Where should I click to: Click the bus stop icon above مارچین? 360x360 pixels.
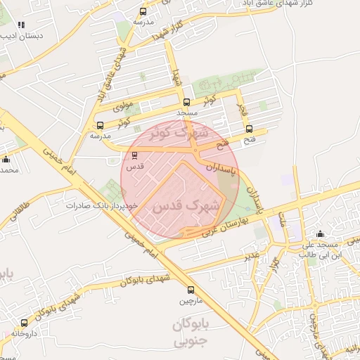191,290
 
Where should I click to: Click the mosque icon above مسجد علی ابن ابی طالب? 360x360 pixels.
321,234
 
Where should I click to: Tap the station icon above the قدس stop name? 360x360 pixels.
134,155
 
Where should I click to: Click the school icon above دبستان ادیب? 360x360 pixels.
20,23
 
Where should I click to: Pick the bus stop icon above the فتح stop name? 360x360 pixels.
250,128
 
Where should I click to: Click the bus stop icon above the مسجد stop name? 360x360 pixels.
186,102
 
